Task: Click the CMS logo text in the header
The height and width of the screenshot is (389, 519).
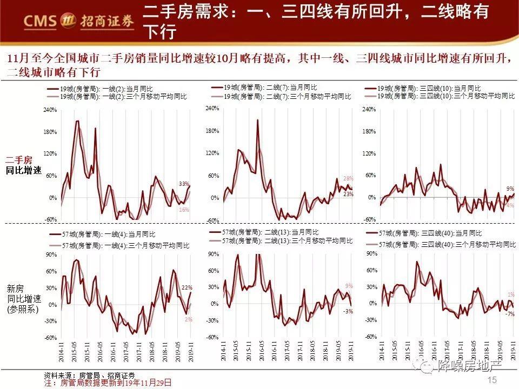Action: tap(41, 20)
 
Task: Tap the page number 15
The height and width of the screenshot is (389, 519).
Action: tap(492, 380)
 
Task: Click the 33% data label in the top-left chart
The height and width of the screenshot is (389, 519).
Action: tap(184, 184)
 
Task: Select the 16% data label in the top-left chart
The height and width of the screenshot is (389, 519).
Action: tap(184, 210)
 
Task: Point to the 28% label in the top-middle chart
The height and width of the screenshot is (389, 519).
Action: tap(348, 178)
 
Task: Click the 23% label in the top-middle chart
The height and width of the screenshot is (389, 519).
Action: tap(348, 194)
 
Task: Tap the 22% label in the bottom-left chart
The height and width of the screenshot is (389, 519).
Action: tap(187, 287)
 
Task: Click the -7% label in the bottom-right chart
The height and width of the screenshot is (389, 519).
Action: tap(510, 313)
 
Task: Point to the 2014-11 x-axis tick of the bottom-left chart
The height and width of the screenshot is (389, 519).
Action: tap(61, 351)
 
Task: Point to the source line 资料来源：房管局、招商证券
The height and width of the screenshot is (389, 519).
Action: tap(90, 375)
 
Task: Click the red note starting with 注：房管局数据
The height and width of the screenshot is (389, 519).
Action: tap(108, 382)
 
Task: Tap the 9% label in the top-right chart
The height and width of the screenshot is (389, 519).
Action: tap(510, 189)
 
